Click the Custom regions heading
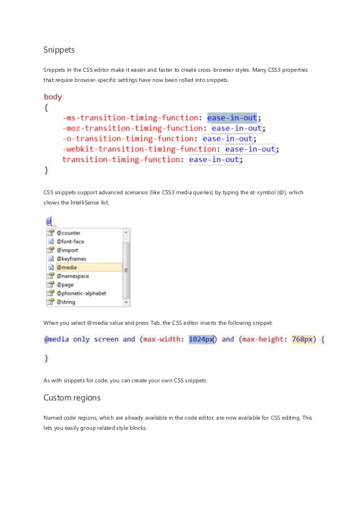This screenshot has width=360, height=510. pos(72,398)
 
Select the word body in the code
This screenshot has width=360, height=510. pos(53,97)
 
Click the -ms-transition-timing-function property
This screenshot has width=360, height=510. pos(131,117)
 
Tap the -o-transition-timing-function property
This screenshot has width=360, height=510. pos(129,138)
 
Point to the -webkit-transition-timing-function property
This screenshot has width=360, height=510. pos(139,149)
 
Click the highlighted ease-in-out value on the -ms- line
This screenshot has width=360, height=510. pos(232,117)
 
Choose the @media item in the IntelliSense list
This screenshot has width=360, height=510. pos(67,267)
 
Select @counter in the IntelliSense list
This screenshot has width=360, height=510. pos(68,233)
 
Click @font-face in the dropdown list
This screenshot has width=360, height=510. pos(70,241)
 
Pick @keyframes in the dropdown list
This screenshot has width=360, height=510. pos(71,259)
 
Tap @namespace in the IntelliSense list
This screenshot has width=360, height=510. pos(72,276)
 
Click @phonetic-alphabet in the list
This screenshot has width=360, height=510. pos(81,293)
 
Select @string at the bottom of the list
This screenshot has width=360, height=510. pos(66,302)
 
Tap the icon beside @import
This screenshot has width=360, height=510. pos(50,250)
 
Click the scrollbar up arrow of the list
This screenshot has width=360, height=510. pos(126,232)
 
